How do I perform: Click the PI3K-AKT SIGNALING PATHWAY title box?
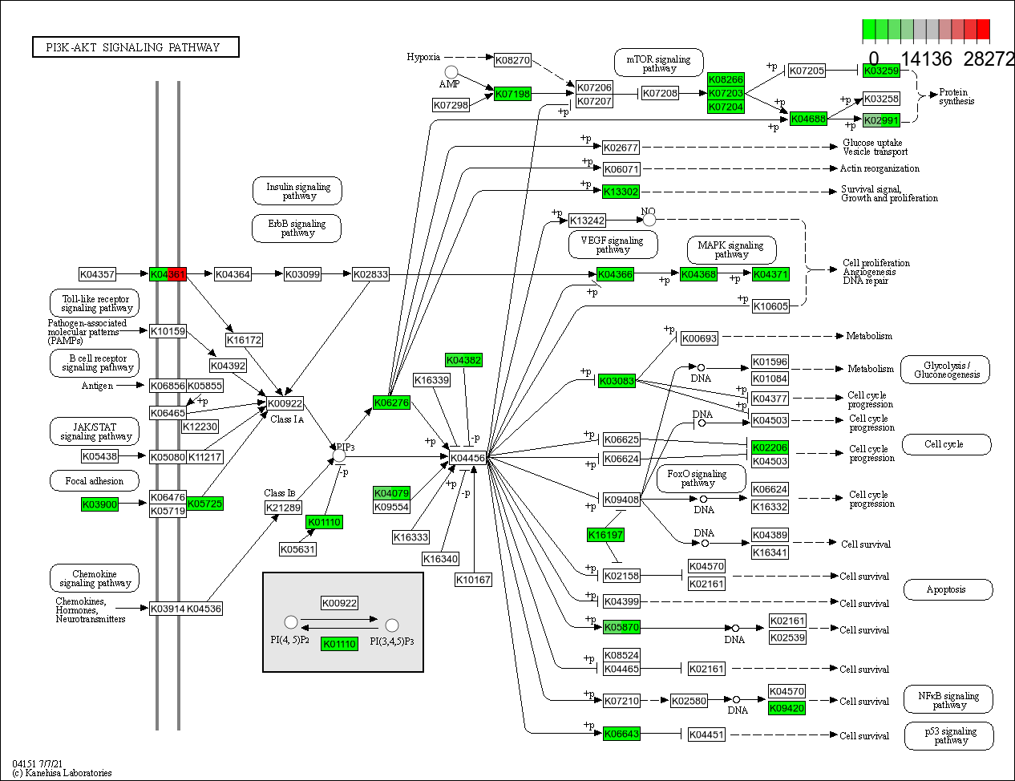pos(135,47)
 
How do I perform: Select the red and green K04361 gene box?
pos(168,274)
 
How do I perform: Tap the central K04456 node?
pos(467,458)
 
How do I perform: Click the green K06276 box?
pos(391,403)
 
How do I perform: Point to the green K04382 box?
pos(463,360)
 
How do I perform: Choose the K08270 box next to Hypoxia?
pos(512,60)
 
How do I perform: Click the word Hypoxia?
pos(423,57)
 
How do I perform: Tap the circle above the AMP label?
pos(451,72)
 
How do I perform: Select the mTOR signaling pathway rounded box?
pos(658,63)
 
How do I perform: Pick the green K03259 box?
pos(881,71)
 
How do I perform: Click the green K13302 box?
pos(621,192)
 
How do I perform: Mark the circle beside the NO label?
pos(649,220)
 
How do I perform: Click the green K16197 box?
pos(605,535)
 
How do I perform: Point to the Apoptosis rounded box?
pos(947,589)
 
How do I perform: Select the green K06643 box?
pos(621,734)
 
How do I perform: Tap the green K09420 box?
pos(787,708)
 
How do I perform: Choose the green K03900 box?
pos(99,504)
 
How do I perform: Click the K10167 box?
pos(473,580)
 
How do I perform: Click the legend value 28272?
pos(989,59)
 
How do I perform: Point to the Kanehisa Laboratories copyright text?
pos(63,773)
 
